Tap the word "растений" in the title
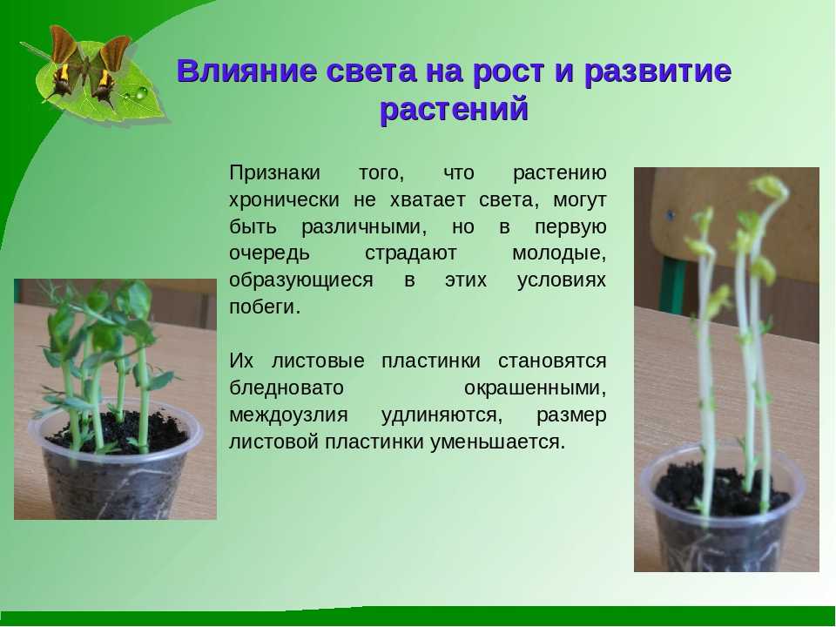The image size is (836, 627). (x=454, y=110)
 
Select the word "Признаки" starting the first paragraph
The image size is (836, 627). (x=274, y=173)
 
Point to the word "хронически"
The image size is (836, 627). (x=284, y=200)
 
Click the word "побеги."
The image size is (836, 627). (x=265, y=307)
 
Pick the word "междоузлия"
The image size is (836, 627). (x=288, y=415)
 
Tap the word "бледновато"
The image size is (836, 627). (x=287, y=388)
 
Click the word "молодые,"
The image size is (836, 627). (x=559, y=253)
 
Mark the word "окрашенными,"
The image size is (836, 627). (x=535, y=388)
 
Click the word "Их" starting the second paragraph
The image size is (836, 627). (x=241, y=361)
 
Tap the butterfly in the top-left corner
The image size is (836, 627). (x=88, y=67)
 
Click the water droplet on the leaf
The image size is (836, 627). (x=141, y=93)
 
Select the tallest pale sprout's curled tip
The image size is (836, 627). (x=769, y=188)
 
